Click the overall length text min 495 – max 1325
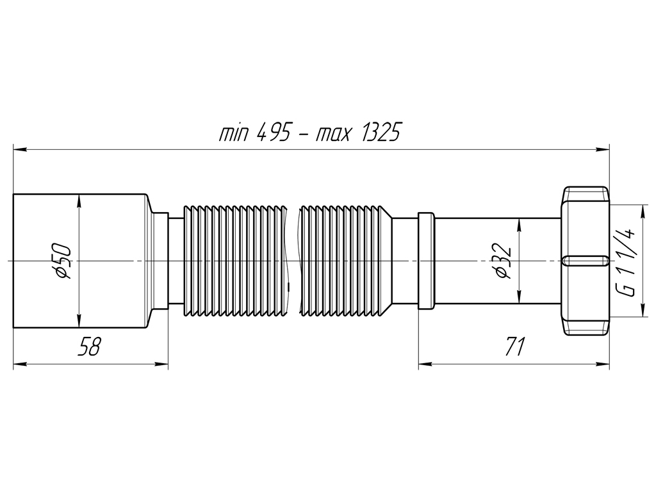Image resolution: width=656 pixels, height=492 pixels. click(310, 133)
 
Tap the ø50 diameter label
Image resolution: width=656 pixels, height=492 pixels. click(63, 261)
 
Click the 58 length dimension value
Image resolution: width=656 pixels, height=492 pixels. click(89, 346)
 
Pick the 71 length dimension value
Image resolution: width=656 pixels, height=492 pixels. click(514, 346)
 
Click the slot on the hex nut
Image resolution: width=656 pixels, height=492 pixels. click(585, 261)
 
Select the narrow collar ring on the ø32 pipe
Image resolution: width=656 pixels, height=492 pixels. click(426, 261)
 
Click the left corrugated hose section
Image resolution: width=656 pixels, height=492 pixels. click(236, 260)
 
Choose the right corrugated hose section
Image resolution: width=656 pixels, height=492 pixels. click(346, 260)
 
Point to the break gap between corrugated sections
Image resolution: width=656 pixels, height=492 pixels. click(295, 260)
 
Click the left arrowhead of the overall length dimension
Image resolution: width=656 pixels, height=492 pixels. click(20, 149)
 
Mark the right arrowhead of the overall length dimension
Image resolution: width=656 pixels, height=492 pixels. click(602, 149)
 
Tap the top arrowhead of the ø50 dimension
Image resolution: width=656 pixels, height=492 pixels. click(78, 202)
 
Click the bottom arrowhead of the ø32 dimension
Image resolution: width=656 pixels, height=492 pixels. click(519, 297)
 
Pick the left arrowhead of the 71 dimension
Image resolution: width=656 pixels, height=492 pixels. click(426, 364)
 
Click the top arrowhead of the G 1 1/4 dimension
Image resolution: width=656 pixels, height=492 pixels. click(641, 211)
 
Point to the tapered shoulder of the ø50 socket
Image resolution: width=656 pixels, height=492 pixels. click(149, 261)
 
